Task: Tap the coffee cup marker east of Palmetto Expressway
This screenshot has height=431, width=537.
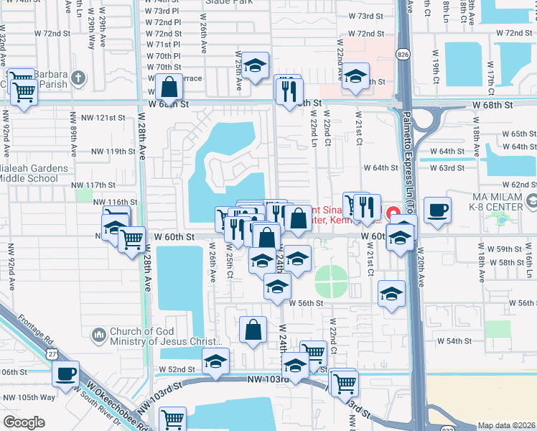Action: (x=437, y=210)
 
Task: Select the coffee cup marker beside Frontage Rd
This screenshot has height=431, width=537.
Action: (x=65, y=374)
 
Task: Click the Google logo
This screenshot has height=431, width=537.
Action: (x=24, y=422)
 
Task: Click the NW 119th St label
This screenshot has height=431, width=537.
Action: (x=113, y=152)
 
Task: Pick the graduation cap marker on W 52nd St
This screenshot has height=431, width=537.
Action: (x=215, y=363)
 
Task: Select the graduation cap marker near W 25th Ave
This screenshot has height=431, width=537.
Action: (x=254, y=65)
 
